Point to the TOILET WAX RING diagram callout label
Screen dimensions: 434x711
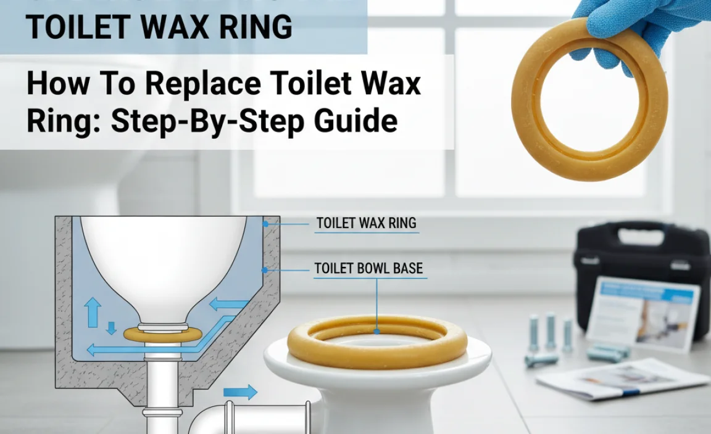tap(367, 223)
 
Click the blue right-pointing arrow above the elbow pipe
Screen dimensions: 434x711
tap(241, 391)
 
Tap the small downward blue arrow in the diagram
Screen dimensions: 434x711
tap(111, 327)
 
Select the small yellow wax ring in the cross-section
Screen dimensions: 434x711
tap(161, 334)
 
